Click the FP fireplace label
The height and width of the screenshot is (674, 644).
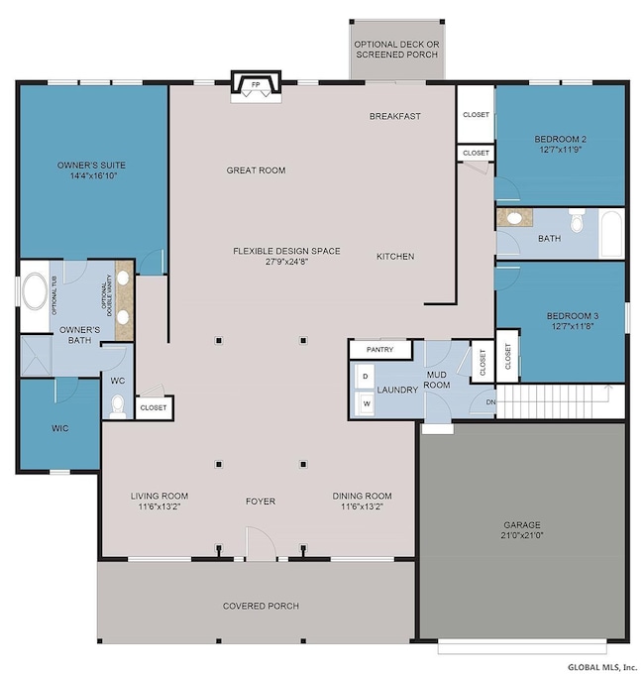click(x=256, y=84)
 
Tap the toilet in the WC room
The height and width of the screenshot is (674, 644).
click(x=118, y=406)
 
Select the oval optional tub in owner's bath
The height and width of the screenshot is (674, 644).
click(x=36, y=291)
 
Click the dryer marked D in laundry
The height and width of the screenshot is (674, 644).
click(x=365, y=377)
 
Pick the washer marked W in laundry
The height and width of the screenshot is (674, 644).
click(x=366, y=403)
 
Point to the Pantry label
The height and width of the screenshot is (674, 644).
click(x=379, y=350)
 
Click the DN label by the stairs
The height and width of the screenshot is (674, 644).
click(x=490, y=402)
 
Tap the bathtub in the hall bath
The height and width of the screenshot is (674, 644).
click(x=611, y=233)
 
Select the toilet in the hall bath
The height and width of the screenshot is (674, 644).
click(x=577, y=220)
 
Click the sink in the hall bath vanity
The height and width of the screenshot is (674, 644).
click(x=514, y=218)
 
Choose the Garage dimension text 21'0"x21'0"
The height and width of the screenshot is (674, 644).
click(x=522, y=535)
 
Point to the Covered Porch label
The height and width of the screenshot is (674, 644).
click(x=261, y=606)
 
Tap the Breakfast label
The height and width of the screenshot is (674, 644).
click(x=395, y=116)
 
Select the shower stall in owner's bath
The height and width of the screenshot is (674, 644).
click(x=36, y=356)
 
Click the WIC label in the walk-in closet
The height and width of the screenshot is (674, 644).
click(x=60, y=428)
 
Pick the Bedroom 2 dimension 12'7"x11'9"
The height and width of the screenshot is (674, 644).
click(x=560, y=150)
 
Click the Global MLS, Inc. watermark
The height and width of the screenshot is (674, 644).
click(x=601, y=667)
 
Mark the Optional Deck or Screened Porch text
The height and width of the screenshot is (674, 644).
click(x=397, y=50)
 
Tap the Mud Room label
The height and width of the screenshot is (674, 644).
click(x=437, y=380)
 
